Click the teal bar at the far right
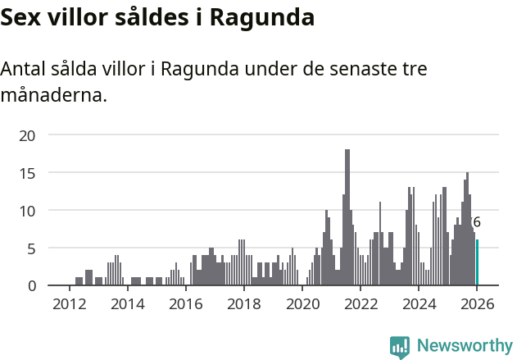pos(477,262)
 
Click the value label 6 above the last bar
pos(477,222)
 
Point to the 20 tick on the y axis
pos(27,135)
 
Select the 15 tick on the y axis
pos(27,173)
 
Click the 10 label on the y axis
pos(27,211)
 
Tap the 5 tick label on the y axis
pos(31,248)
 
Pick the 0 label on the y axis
pos(31,285)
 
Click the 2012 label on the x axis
pos(69,303)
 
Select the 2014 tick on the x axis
pos(127,303)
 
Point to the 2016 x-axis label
pos(185,303)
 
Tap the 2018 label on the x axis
pos(243,303)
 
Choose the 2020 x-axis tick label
pos(302,303)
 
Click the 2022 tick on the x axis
pos(360,303)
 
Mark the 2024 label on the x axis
pos(418,303)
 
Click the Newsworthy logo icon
pos(400,347)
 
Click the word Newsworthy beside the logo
pos(465,346)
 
